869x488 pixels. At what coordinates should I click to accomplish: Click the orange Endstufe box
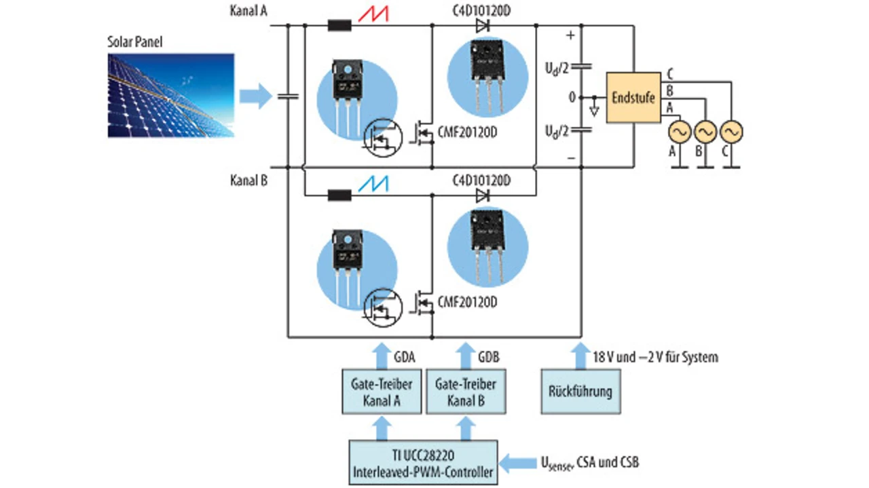pos(633,97)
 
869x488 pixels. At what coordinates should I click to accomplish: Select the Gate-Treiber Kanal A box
pos(382,392)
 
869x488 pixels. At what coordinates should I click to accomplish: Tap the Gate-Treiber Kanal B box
pos(466,392)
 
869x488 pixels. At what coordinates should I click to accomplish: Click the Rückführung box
pos(580,392)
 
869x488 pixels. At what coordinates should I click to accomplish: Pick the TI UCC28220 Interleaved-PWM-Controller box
pos(423,462)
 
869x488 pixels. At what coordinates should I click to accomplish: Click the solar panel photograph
pos(171,96)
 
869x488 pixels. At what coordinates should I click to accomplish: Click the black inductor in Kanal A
pos(340,26)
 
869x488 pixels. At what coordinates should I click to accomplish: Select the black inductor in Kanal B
pos(340,195)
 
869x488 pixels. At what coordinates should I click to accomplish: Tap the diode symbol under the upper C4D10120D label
pos(483,26)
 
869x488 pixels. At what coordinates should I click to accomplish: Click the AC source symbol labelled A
pos(680,132)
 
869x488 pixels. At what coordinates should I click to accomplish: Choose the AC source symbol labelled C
pos(732,132)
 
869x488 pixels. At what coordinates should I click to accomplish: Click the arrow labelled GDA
pos(382,356)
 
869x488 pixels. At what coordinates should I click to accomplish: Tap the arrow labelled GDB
pos(466,356)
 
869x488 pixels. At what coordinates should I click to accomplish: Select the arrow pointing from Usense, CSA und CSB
pos(517,462)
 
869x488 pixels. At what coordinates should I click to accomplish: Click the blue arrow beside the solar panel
pos(256,96)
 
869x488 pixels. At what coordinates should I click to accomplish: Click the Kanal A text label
pos(248,11)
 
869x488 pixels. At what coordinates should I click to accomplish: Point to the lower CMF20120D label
pos(468,302)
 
